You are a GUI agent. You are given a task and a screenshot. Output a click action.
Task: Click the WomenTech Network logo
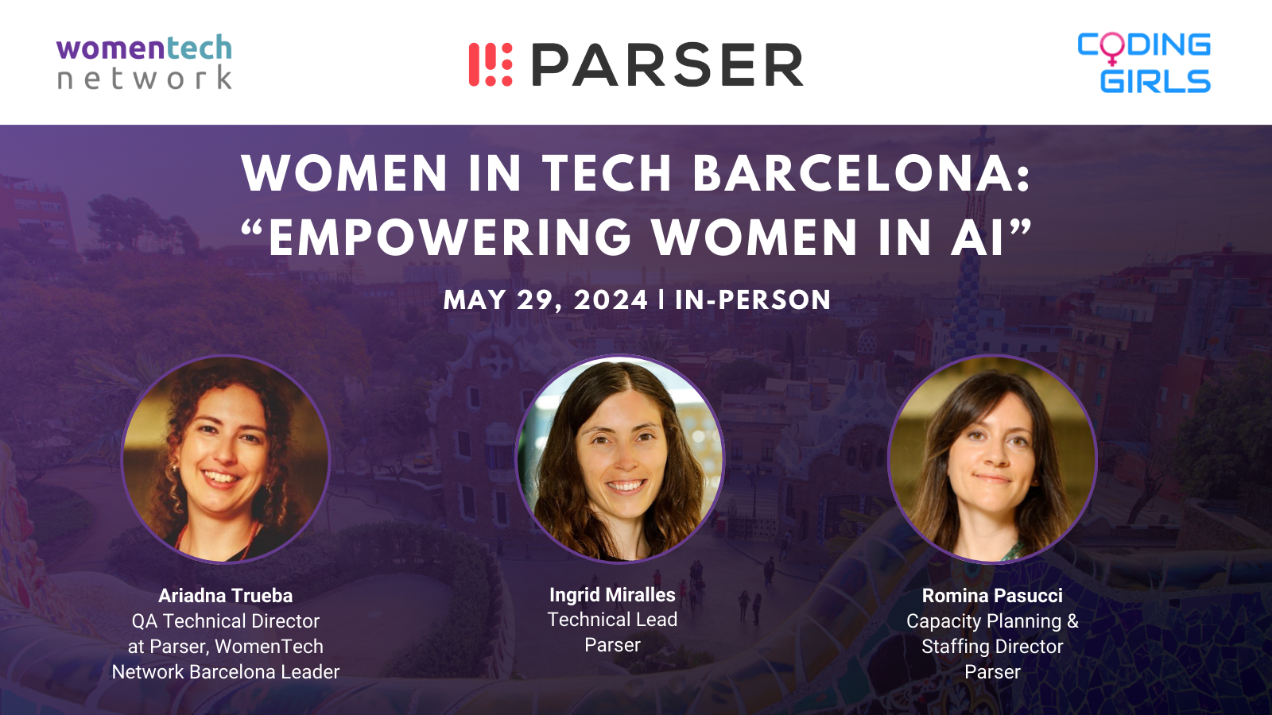(x=144, y=62)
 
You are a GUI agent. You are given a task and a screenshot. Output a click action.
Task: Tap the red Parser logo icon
(x=491, y=64)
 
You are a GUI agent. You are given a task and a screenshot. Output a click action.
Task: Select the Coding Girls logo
(x=1144, y=63)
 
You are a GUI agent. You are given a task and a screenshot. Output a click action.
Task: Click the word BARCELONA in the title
(x=861, y=173)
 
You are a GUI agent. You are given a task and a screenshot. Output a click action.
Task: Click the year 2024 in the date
(x=611, y=300)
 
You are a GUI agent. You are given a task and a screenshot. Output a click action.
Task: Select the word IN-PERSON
(x=753, y=300)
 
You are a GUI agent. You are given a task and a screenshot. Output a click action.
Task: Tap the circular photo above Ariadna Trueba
(x=226, y=458)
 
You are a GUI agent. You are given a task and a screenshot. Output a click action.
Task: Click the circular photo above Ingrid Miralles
(x=619, y=458)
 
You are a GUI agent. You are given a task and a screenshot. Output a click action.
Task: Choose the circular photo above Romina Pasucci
(x=992, y=458)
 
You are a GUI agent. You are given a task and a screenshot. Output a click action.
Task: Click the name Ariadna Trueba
(x=226, y=596)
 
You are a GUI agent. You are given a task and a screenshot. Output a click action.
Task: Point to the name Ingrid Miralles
(x=612, y=595)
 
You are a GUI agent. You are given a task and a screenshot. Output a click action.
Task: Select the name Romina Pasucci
(x=992, y=596)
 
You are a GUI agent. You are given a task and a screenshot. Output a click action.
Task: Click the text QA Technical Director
(x=226, y=621)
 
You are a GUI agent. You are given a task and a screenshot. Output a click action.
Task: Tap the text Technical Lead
(x=612, y=620)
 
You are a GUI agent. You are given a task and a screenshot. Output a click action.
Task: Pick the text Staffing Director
(x=992, y=647)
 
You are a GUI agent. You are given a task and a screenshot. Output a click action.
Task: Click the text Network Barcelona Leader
(x=226, y=672)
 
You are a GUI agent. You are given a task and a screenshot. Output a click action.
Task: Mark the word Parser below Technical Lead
(x=612, y=645)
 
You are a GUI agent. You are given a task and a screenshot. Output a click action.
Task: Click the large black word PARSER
(x=667, y=64)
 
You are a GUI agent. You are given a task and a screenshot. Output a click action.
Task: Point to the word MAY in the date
(x=475, y=300)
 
